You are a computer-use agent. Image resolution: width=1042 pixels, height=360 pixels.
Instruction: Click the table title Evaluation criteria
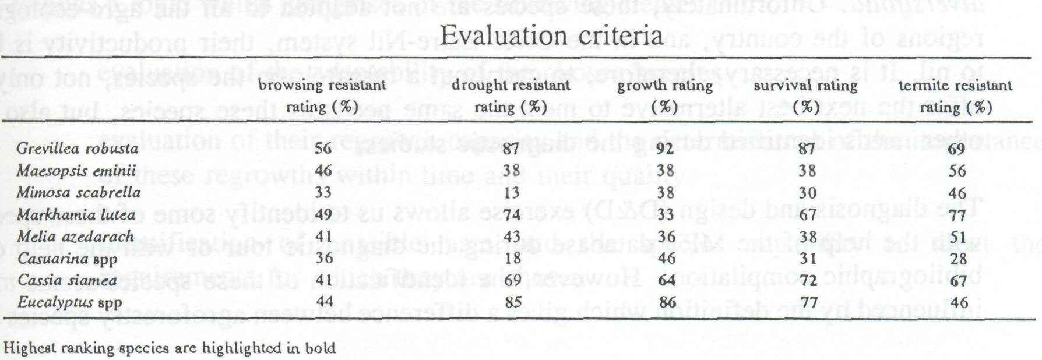[551, 36]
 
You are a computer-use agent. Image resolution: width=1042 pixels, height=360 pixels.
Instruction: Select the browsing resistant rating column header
[322, 96]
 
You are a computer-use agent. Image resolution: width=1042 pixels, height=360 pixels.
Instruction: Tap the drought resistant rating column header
[511, 96]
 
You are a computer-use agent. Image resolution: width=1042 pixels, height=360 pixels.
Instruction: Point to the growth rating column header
[665, 96]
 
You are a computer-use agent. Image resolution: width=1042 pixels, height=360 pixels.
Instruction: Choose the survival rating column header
[805, 96]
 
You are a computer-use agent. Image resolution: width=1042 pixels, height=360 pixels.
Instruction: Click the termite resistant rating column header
[955, 96]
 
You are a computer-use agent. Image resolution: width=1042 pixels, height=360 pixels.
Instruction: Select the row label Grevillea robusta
[78, 148]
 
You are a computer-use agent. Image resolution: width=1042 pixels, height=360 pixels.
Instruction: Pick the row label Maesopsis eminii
[76, 171]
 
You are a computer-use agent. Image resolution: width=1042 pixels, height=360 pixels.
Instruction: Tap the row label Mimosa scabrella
[78, 193]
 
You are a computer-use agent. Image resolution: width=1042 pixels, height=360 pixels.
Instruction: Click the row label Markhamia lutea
[76, 215]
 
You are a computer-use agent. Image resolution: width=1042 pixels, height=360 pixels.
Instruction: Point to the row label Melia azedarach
[75, 237]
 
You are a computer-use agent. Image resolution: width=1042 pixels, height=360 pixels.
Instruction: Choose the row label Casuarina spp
[67, 259]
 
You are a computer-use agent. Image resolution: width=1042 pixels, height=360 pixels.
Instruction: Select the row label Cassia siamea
[67, 280]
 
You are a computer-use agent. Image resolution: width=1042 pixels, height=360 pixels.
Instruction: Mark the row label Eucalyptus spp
[70, 302]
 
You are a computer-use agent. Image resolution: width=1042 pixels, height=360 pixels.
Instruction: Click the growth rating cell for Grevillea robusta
[665, 149]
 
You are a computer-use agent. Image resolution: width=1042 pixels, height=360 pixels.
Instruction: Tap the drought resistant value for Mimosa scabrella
[511, 193]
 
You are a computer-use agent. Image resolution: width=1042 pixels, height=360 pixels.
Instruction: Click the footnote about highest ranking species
[170, 348]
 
